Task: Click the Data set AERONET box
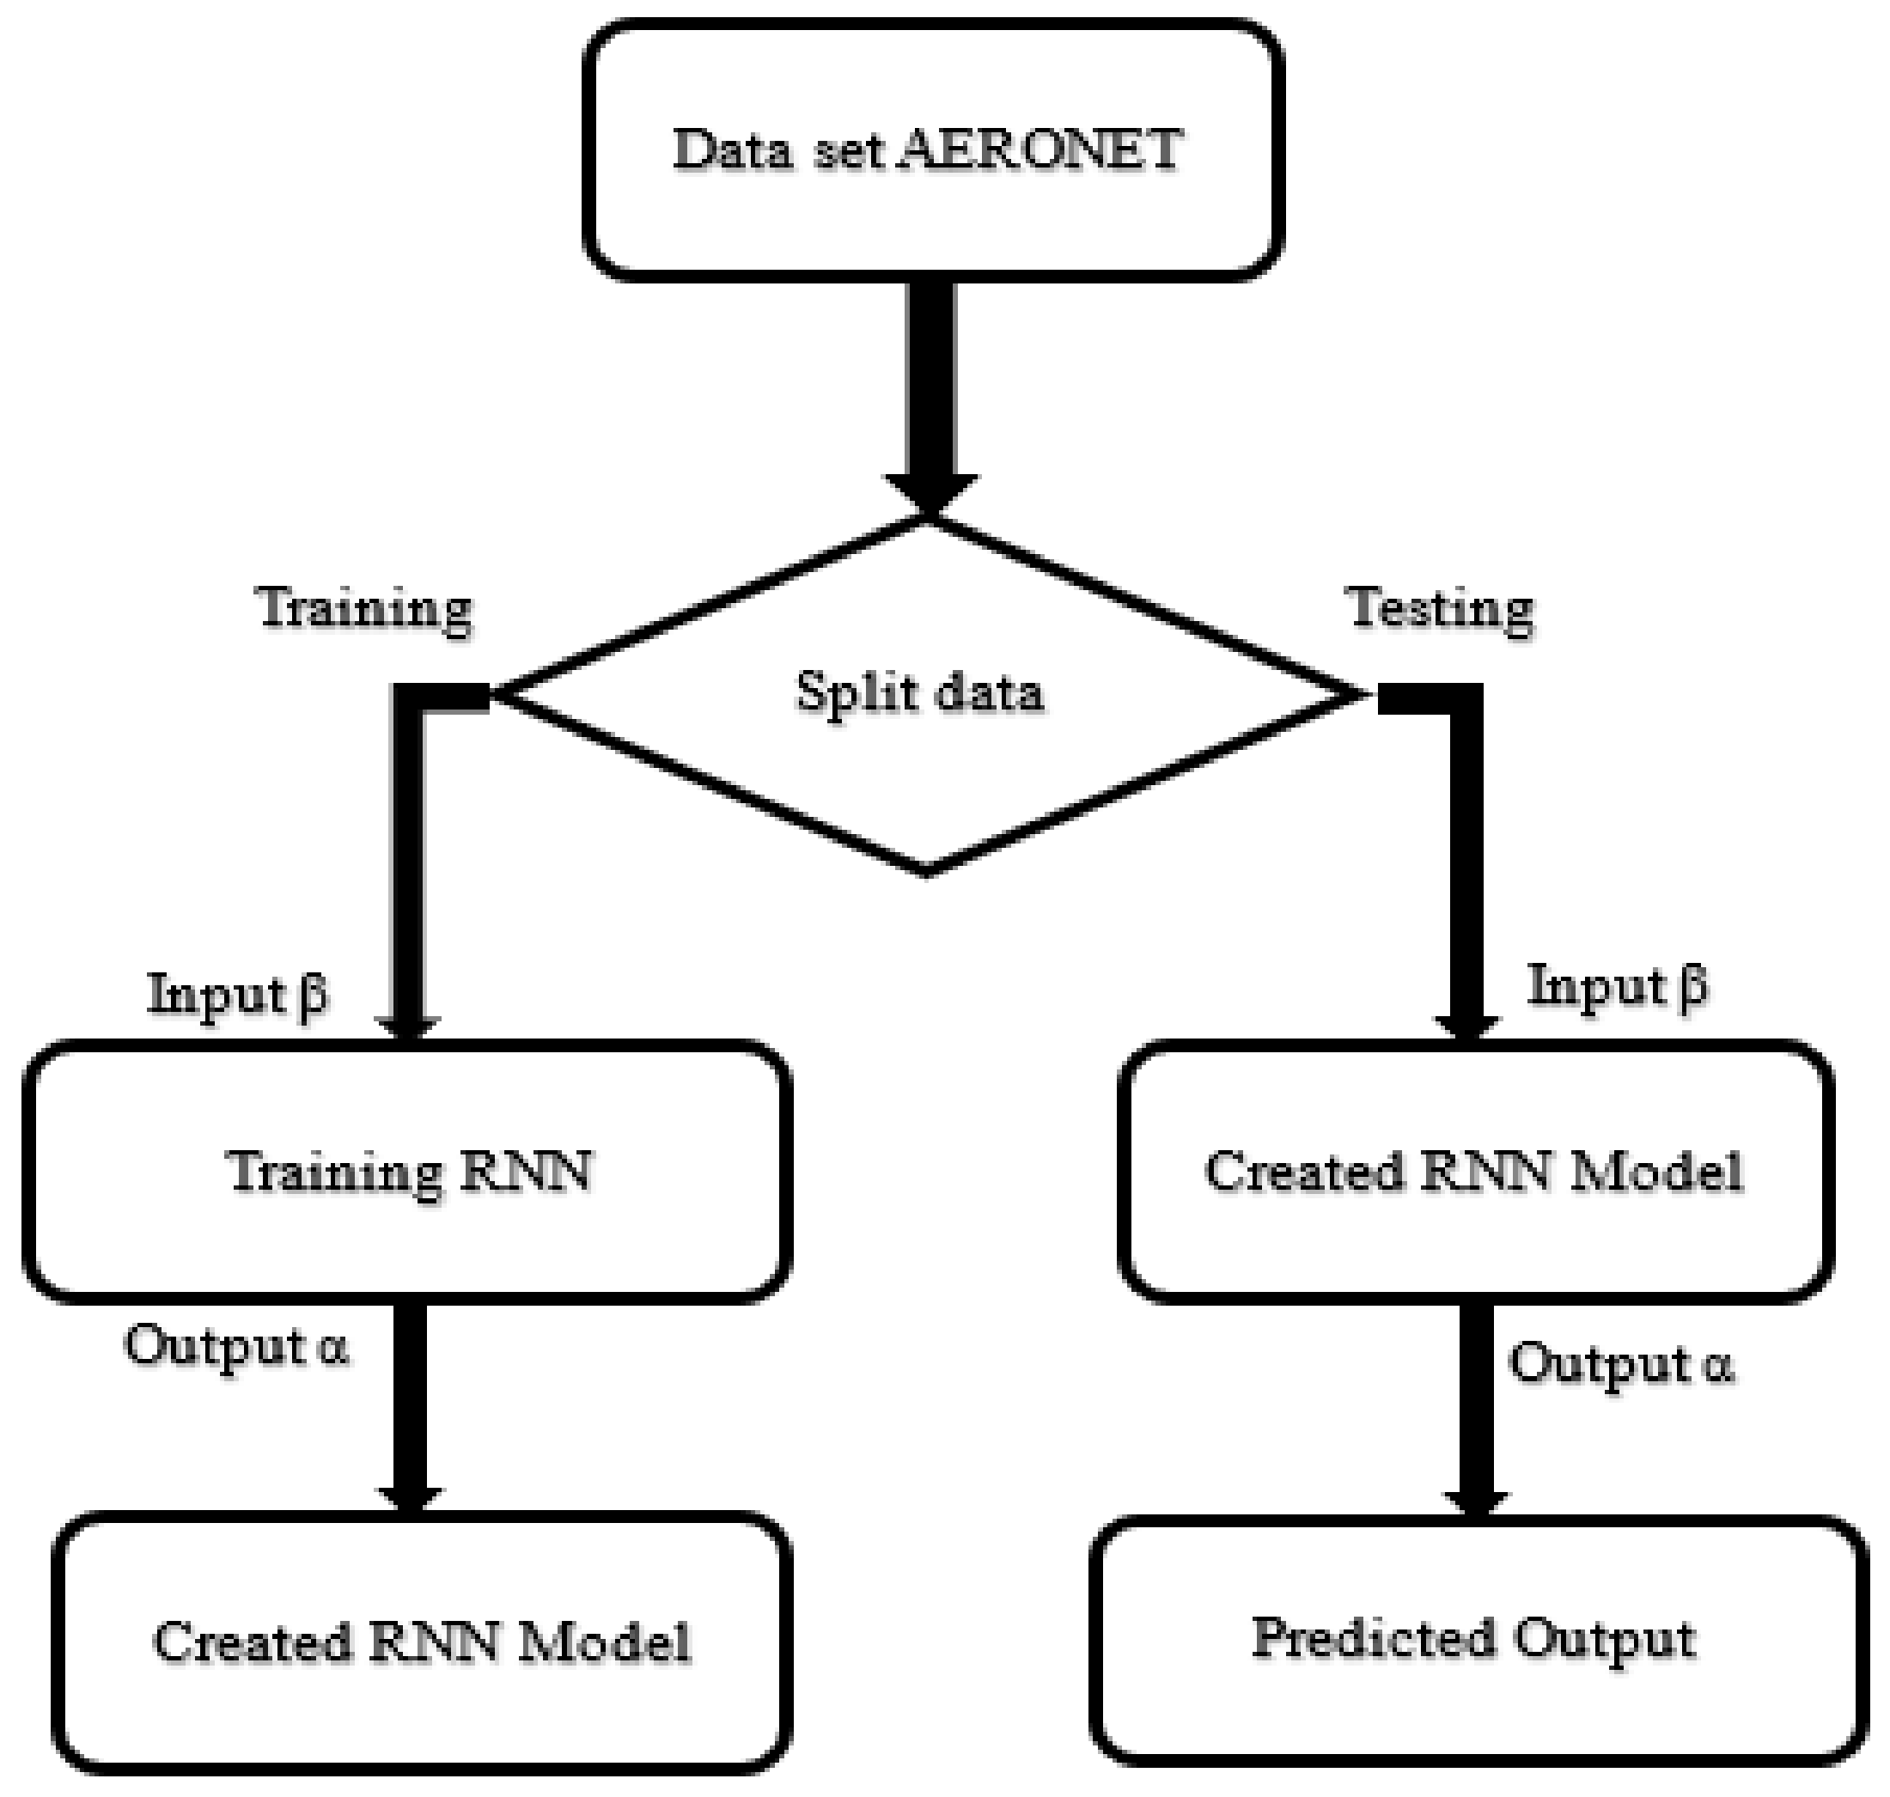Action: tap(933, 150)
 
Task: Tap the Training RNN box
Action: tap(408, 1171)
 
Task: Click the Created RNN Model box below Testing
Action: tap(1475, 1171)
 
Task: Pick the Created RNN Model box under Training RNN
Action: tap(422, 1642)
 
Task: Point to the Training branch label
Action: tap(365, 609)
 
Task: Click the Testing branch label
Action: tap(1441, 609)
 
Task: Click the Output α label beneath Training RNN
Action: tap(235, 1345)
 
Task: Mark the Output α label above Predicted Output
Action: tap(1621, 1364)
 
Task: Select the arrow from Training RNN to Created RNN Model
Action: tap(410, 1408)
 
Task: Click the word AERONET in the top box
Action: tap(1039, 150)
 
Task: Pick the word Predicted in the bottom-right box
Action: tap(1370, 1640)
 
